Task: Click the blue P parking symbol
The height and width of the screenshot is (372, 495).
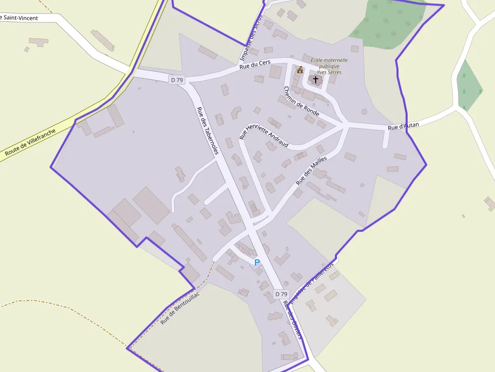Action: coord(257,262)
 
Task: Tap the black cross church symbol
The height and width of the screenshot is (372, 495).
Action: coord(316,79)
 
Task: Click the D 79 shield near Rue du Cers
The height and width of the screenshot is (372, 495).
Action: coord(177,80)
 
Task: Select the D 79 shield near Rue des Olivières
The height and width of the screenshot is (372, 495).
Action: coord(281,294)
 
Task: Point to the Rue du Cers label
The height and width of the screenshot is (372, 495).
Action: coord(255,64)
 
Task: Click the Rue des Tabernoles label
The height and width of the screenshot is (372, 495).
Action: coord(208,130)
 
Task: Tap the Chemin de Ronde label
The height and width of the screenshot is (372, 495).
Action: coord(301,101)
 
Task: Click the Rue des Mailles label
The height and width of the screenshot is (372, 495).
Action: coord(311,170)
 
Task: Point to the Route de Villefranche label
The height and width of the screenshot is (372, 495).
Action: coord(30,142)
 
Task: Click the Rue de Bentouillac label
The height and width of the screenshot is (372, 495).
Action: coord(180,308)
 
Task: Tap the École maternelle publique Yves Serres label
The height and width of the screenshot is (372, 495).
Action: coord(329,66)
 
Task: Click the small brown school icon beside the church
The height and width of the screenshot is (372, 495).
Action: coord(300,70)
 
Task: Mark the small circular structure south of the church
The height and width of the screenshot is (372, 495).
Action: coord(364,112)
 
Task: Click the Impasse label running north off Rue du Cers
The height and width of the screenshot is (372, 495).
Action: coord(255,30)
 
